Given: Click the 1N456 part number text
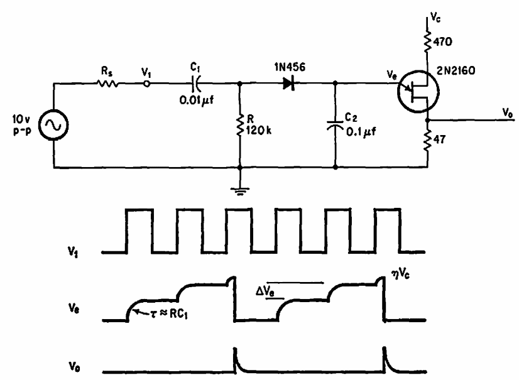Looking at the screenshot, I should pyautogui.click(x=287, y=65).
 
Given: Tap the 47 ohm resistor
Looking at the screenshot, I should pyautogui.click(x=428, y=143).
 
